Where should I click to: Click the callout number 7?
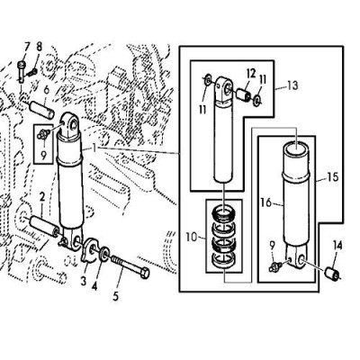(27, 47)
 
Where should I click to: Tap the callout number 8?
(40, 47)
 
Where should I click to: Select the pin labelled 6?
(41, 110)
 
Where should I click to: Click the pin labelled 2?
(43, 226)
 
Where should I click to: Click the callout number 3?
(84, 282)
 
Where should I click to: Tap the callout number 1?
(94, 148)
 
